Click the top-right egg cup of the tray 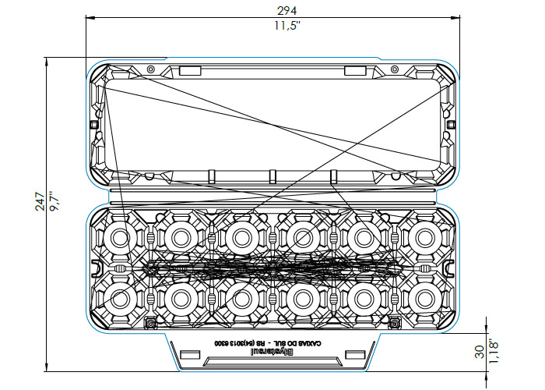pyautogui.click(x=425, y=236)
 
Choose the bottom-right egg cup pyautogui.click(x=425, y=296)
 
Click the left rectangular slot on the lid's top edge pyautogui.click(x=190, y=71)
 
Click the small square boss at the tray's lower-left pyautogui.click(x=149, y=321)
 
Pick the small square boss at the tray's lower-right pyautogui.click(x=396, y=321)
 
